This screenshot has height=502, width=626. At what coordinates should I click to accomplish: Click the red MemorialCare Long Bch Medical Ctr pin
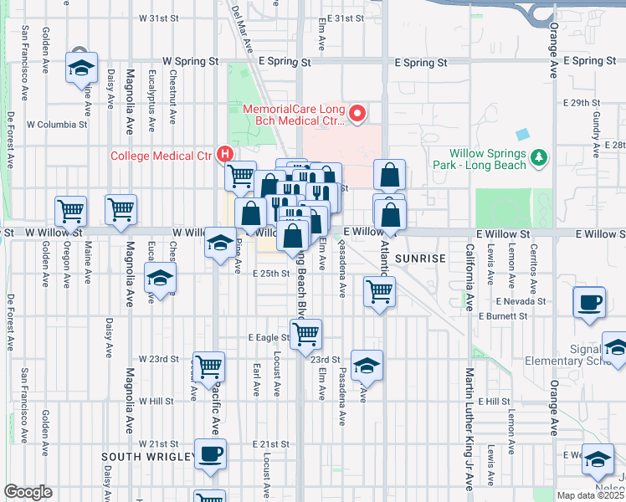pyautogui.click(x=357, y=113)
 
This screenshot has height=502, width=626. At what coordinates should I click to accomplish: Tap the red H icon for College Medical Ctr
pyautogui.click(x=223, y=154)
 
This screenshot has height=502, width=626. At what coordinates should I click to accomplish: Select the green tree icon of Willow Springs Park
pyautogui.click(x=539, y=156)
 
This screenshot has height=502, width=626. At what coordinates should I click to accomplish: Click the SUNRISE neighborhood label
pyautogui.click(x=421, y=259)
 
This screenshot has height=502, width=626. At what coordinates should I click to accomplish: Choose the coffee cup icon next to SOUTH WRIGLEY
pyautogui.click(x=210, y=453)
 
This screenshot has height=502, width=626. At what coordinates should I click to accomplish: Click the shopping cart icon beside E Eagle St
pyautogui.click(x=307, y=333)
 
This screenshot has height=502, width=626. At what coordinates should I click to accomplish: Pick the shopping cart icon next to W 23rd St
pyautogui.click(x=209, y=365)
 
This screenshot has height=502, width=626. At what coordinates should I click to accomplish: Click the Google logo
pyautogui.click(x=28, y=492)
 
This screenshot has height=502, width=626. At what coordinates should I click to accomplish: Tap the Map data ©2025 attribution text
pyautogui.click(x=590, y=495)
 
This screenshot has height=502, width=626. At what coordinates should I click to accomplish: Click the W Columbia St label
pyautogui.click(x=57, y=125)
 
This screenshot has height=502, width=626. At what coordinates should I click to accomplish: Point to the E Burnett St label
pyautogui.click(x=503, y=316)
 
